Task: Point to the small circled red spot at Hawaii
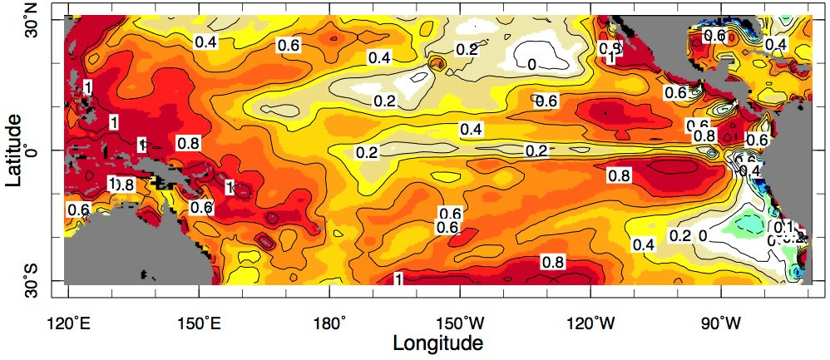pos(438,62)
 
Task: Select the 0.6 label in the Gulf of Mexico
pos(715,35)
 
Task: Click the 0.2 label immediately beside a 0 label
pos(680,236)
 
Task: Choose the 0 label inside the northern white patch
pos(531,63)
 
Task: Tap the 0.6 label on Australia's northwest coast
pos(79,210)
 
